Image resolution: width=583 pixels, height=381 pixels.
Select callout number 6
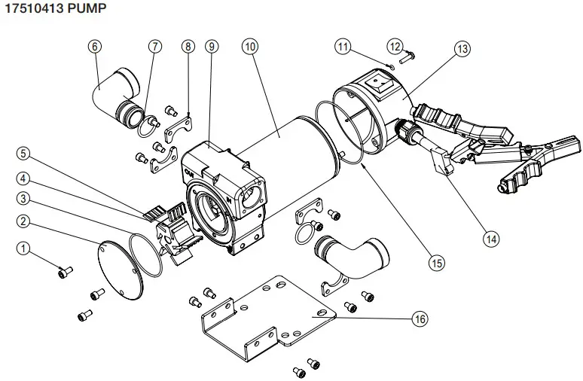tap(94, 46)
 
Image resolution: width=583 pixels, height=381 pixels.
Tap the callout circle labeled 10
tap(250, 46)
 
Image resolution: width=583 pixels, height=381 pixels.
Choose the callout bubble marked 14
tap(491, 239)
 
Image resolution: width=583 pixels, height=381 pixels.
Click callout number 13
tap(462, 48)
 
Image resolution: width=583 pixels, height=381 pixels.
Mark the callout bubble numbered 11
tap(344, 47)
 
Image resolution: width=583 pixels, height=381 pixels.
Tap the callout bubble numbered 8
tap(188, 46)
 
